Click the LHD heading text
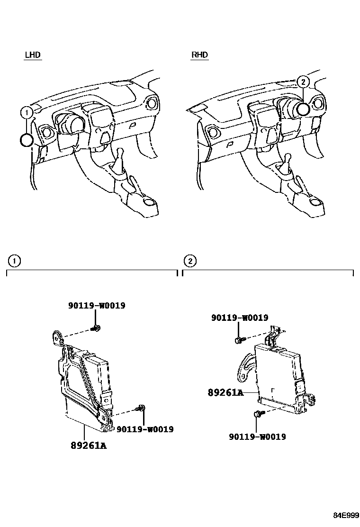coord(33,55)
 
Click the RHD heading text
coord(199,55)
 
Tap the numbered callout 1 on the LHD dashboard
coord(27,112)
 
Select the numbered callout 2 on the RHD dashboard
coord(304,82)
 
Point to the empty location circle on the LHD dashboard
coord(27,140)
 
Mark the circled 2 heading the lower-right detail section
coord(189,261)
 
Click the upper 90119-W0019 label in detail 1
coord(96,306)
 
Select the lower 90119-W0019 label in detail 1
coord(145,429)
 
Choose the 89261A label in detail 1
coord(89,445)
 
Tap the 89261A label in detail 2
coord(225,392)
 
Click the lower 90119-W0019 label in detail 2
coord(257,437)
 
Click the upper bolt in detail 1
coord(97,328)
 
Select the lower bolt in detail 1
coord(141,408)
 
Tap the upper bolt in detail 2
coord(238,339)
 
